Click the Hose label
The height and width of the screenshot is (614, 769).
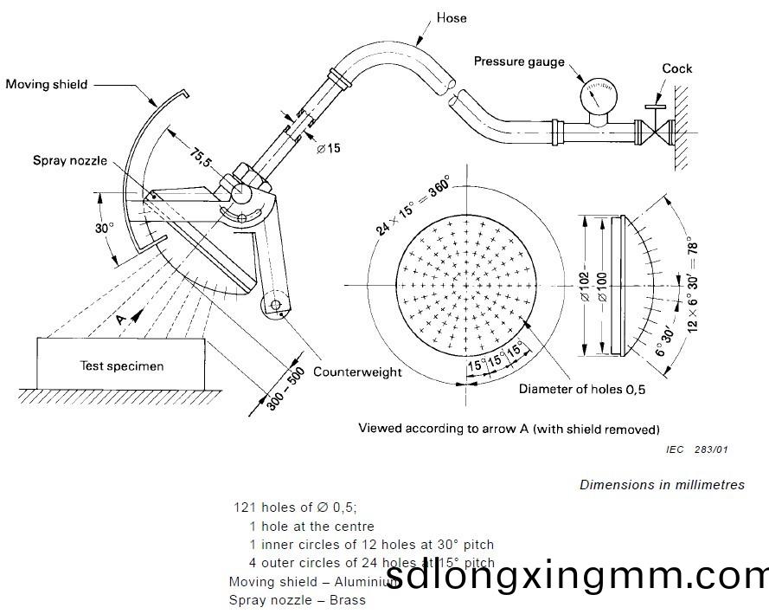(x=452, y=16)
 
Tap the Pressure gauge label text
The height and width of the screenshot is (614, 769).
(x=519, y=61)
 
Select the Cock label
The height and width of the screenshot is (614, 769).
(x=677, y=68)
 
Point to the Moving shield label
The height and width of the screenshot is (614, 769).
(x=46, y=84)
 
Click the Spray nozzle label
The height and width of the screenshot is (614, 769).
(x=70, y=160)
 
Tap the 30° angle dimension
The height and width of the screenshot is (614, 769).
(x=104, y=229)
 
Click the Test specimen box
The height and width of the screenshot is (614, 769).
(x=122, y=365)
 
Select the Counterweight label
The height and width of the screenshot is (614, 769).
(x=357, y=372)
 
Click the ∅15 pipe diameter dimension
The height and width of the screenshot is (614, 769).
(x=328, y=148)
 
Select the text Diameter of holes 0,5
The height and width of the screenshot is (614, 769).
(x=582, y=389)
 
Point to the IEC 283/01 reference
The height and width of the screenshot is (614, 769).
(x=697, y=449)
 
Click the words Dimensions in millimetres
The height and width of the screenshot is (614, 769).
(x=662, y=485)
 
